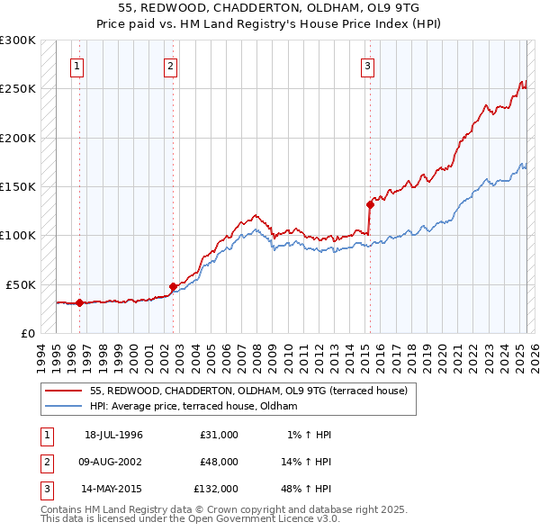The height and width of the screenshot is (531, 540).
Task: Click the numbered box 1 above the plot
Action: pos(77,65)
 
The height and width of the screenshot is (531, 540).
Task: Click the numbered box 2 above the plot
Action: pos(170,65)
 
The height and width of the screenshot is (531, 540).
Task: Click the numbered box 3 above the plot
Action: pos(368,65)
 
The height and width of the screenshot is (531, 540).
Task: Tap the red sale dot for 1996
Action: pos(79,302)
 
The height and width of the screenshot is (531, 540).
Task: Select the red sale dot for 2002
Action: pos(173,286)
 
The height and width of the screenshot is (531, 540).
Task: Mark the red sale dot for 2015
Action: pos(370,204)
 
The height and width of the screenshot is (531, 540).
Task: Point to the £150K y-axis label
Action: pos(18,187)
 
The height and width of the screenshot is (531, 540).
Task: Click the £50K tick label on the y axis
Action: pos(21,284)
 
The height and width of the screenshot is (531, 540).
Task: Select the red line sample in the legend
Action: pos(63,391)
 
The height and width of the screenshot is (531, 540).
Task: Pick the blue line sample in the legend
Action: pos(63,407)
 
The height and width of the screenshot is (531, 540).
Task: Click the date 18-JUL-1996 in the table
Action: pos(113,435)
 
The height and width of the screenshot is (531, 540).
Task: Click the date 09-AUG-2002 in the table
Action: pos(113,462)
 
